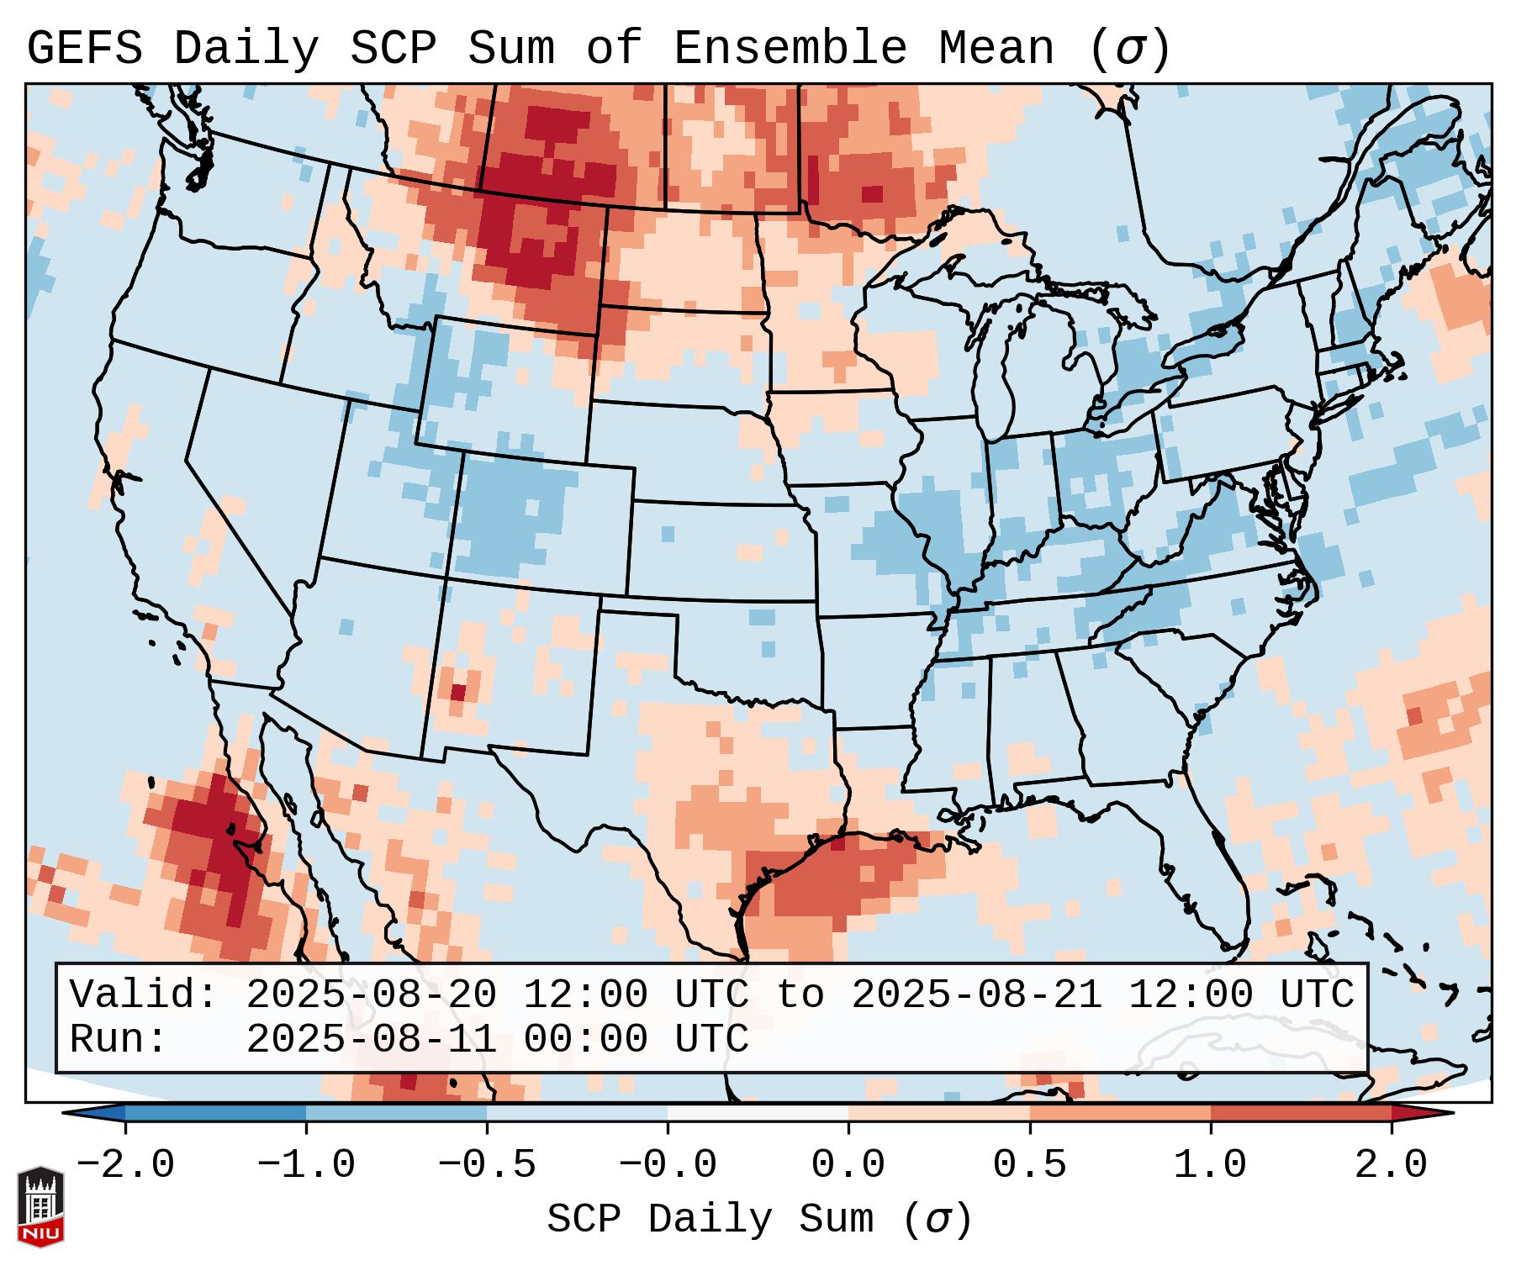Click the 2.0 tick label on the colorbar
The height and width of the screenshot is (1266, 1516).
coord(1391,1165)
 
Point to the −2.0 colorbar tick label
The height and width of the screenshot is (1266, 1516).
coord(125,1165)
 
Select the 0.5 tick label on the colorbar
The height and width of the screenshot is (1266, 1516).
coord(1029,1165)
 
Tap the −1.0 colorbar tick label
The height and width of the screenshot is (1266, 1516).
coord(306,1165)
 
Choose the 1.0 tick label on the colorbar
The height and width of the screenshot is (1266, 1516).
coord(1210,1165)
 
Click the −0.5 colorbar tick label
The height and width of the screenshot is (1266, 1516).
coord(487,1165)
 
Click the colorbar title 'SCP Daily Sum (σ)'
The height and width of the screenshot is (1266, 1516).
coord(759,1220)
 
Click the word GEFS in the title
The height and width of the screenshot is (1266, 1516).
coord(84,48)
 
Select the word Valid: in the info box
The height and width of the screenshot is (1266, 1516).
coord(144,994)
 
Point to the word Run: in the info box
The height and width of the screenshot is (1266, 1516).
coord(119,1039)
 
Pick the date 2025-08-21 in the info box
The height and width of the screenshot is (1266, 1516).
coord(977,994)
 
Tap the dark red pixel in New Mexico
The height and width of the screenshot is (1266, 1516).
coord(457,693)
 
